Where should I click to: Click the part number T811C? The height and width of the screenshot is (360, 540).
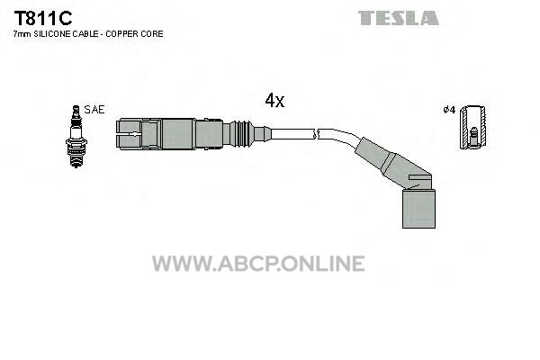42,18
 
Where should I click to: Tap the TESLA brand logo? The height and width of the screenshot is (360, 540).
399,18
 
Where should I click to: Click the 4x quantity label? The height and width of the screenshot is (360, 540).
274,100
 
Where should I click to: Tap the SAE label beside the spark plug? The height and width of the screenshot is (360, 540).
94,110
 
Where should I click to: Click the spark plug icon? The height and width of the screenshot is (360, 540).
76,137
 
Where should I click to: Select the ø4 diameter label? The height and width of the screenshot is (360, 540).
449,110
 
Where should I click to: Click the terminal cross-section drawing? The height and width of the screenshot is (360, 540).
473,127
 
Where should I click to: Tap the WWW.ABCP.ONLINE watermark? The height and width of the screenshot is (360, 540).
258,264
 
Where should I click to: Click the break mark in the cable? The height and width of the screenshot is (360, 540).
316,134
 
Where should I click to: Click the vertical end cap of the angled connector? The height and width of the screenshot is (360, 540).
418,209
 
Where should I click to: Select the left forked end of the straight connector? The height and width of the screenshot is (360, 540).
130,134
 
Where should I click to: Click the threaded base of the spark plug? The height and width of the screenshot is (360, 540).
76,157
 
